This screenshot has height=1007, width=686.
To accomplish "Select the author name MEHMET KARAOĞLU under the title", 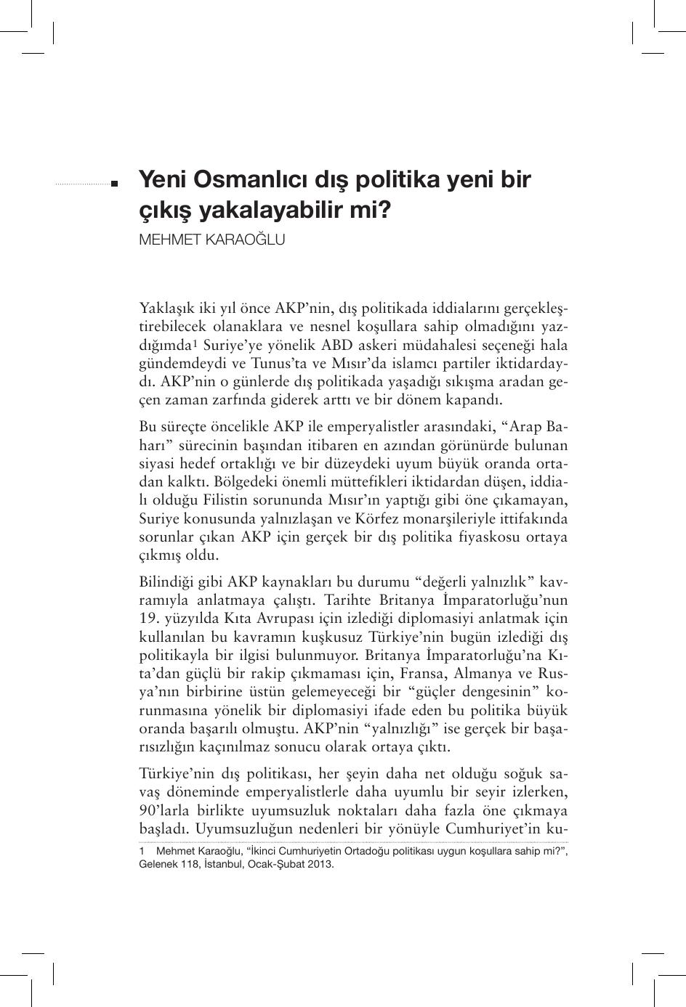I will pyautogui.click(x=211, y=240).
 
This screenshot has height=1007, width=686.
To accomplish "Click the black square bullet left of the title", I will pyautogui.click(x=114, y=184).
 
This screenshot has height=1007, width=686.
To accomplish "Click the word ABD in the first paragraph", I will pyautogui.click(x=338, y=345).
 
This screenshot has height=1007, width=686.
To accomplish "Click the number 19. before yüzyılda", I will pyautogui.click(x=149, y=619).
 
